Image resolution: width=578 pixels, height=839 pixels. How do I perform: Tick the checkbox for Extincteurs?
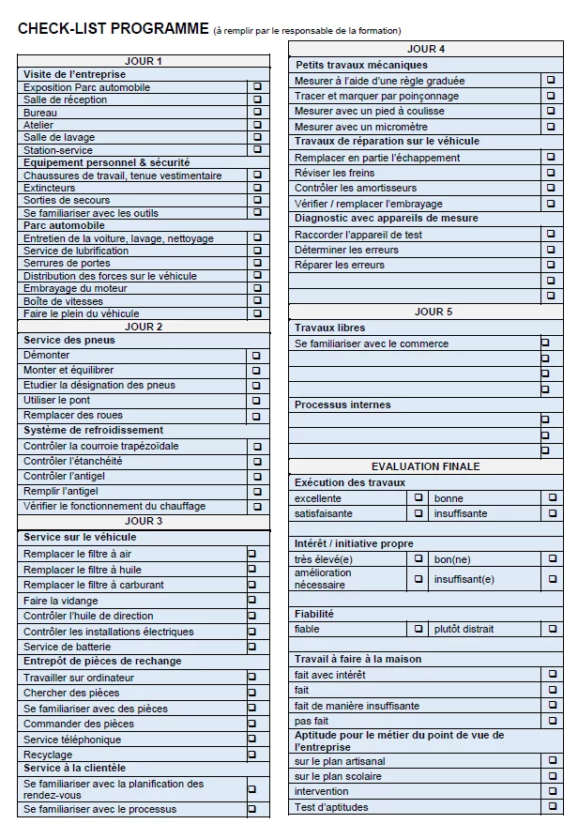tap(257, 188)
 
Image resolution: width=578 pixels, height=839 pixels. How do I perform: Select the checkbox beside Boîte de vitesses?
tap(257, 301)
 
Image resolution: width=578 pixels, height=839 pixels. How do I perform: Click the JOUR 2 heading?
tap(144, 327)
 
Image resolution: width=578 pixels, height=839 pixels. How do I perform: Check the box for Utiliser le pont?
tap(255, 401)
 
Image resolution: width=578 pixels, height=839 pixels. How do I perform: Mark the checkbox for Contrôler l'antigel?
tap(255, 477)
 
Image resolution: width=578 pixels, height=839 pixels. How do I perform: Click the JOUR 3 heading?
tap(144, 521)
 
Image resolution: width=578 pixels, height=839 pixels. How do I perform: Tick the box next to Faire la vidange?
tap(251, 601)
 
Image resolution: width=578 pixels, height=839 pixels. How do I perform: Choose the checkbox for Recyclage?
tap(251, 755)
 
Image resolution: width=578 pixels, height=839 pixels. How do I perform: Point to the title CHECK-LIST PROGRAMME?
tap(113, 29)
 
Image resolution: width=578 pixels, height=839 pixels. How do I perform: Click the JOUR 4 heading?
tap(426, 49)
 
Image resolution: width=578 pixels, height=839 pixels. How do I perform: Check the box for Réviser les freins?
tap(551, 173)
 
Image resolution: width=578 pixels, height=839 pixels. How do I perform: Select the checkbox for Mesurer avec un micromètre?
tap(551, 127)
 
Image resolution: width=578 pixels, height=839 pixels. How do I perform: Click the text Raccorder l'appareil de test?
tap(358, 235)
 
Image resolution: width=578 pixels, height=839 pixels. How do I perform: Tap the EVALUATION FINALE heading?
tap(425, 466)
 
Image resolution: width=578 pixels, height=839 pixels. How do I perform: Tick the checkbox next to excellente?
tap(418, 498)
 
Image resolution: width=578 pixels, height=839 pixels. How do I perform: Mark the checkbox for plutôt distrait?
tap(551, 629)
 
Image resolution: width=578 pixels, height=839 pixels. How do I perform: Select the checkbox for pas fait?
tap(551, 721)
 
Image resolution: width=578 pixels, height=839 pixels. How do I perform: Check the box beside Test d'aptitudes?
tap(551, 807)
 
